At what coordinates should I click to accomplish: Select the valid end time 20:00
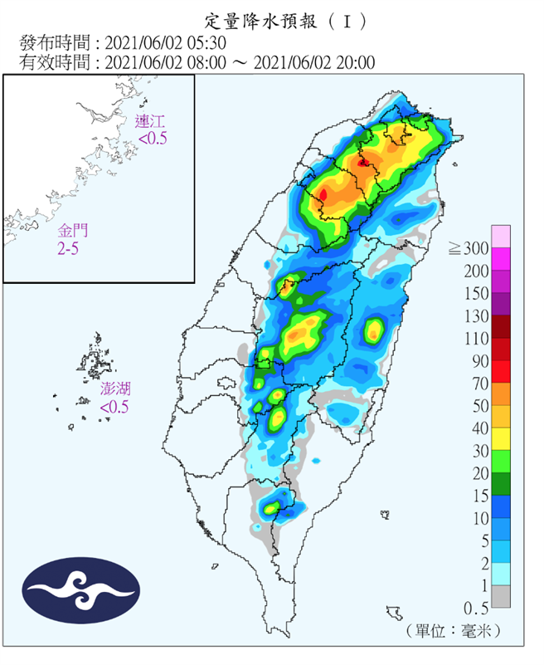(x=358, y=62)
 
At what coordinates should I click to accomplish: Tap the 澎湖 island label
(x=114, y=389)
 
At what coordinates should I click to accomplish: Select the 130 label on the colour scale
(x=473, y=315)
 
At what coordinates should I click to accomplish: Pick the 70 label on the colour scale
(x=477, y=384)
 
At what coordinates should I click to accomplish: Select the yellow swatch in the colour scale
(x=500, y=438)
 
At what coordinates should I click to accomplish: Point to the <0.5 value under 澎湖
(x=114, y=407)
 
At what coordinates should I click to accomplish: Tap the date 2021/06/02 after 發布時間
(x=138, y=42)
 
